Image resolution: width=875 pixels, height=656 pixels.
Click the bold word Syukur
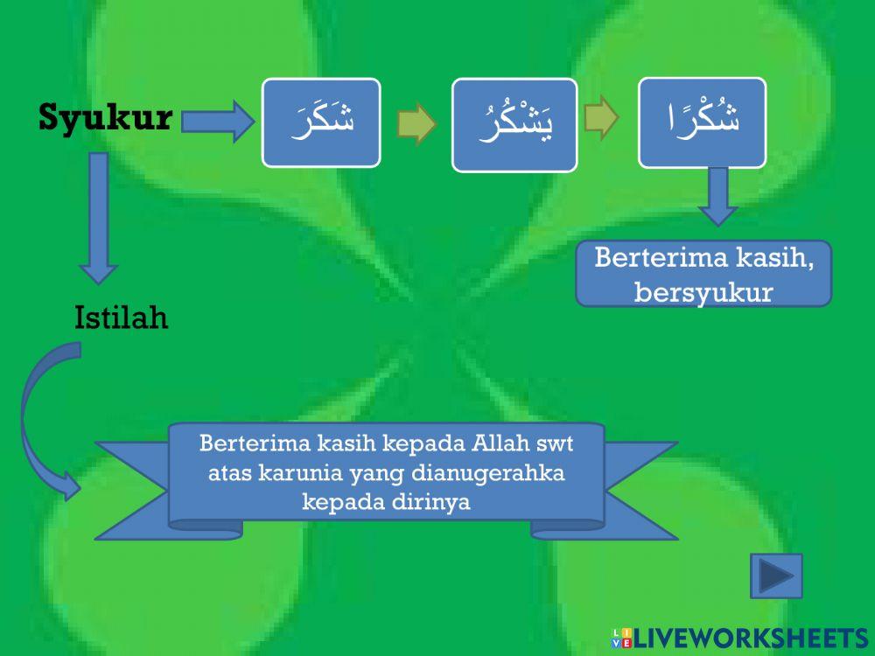click(x=105, y=118)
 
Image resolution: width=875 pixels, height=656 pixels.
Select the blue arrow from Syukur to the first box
click(x=217, y=122)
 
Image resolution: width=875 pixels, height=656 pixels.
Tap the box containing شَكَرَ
click(x=321, y=122)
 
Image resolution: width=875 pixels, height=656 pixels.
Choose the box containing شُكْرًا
click(x=701, y=122)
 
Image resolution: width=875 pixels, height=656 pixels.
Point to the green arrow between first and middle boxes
click(x=416, y=125)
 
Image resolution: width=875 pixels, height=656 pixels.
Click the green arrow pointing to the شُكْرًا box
click(x=603, y=122)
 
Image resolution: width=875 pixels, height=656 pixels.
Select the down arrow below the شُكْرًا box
click(x=717, y=196)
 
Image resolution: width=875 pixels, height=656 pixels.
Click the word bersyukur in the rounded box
click(x=703, y=292)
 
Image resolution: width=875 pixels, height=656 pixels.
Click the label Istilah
click(x=121, y=318)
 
